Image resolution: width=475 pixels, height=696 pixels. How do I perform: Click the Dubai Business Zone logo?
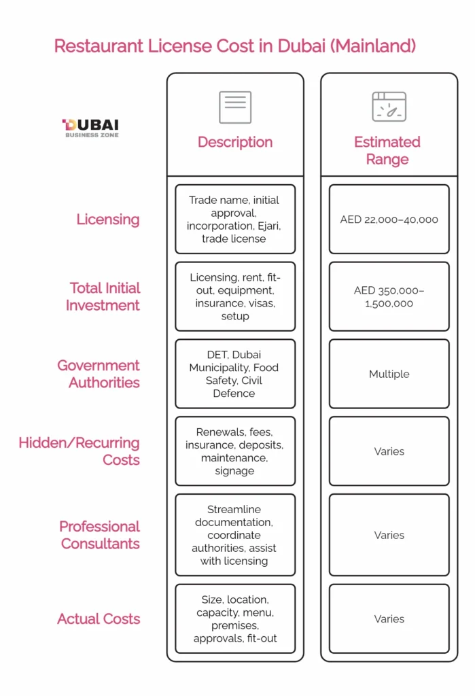[90, 128]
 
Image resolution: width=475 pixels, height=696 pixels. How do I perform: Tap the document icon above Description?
[235, 107]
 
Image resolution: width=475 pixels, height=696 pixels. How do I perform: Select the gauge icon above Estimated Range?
[389, 107]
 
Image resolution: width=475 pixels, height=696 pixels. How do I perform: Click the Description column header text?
[235, 142]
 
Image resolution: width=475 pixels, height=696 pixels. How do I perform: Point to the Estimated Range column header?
[387, 150]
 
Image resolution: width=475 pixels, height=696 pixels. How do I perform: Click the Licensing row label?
[108, 220]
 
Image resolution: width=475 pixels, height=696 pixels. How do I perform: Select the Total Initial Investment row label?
[103, 296]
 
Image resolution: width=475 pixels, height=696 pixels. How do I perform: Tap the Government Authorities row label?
[99, 374]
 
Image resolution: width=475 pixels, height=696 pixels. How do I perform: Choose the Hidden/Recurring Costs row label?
[80, 451]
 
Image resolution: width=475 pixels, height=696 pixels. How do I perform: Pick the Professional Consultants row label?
[100, 535]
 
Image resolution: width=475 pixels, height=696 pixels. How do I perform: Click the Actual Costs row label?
[99, 619]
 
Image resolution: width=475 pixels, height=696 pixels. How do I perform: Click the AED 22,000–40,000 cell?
[389, 220]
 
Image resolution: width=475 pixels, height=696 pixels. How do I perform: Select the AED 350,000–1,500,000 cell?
[389, 296]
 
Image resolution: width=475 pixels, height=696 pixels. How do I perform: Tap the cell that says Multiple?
[389, 374]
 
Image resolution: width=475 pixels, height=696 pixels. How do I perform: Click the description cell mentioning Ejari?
[235, 220]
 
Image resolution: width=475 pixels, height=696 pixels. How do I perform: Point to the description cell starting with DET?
[235, 374]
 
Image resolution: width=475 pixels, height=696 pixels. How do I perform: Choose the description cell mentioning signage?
[235, 451]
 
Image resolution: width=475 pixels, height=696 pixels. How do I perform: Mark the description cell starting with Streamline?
[235, 535]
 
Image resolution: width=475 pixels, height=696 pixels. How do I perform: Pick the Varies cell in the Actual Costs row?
[389, 619]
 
